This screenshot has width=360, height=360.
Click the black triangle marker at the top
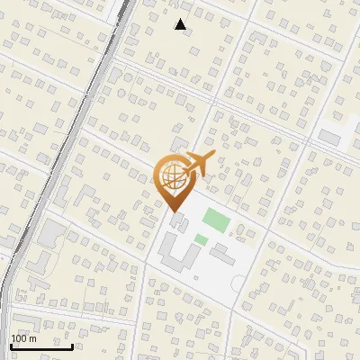click(x=181, y=24)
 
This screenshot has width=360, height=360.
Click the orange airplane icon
click(x=198, y=165)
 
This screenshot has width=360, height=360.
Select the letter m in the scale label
click(x=33, y=338)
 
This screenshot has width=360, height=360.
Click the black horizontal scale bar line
click(x=41, y=346)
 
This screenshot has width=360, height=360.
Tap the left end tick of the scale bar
click(x=11, y=344)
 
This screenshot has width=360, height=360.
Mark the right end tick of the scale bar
click(x=72, y=344)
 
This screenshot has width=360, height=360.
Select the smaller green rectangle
click(x=201, y=238)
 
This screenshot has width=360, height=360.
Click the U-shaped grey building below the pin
click(x=179, y=255)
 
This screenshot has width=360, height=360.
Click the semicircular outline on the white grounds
click(x=238, y=284)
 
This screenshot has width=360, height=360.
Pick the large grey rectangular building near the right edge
click(x=331, y=138)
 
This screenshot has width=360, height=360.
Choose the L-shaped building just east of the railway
click(x=40, y=264)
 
